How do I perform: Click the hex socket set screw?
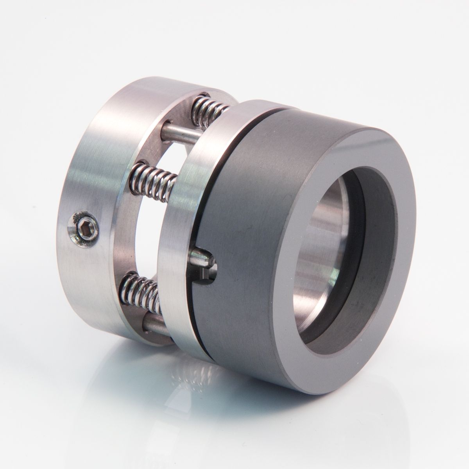tap(83, 226)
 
